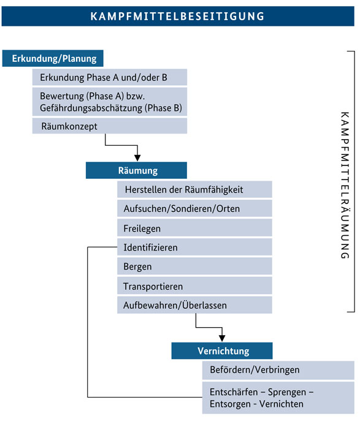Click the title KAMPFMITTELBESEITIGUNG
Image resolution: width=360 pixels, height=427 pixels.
click(x=177, y=17)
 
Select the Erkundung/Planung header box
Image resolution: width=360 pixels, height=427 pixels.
click(x=53, y=58)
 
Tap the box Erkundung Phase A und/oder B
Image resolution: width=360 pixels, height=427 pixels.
click(x=110, y=77)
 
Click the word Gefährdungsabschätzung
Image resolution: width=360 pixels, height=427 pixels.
click(x=91, y=108)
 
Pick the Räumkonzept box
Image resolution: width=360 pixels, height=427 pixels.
click(x=110, y=126)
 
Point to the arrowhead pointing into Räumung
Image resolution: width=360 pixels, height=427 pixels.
click(x=137, y=158)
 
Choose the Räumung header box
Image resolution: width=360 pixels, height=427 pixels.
click(x=136, y=170)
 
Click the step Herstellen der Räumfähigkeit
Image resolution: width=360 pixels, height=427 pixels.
click(x=194, y=189)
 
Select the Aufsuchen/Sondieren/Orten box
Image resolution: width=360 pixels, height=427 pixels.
click(x=194, y=208)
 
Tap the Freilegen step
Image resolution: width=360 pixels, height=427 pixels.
click(x=194, y=228)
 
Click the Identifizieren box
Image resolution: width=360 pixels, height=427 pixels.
click(x=194, y=247)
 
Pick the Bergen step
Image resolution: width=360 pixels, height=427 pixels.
click(x=194, y=266)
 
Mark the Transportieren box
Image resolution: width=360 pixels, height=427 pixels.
click(x=194, y=285)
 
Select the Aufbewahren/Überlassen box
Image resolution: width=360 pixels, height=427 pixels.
click(x=194, y=305)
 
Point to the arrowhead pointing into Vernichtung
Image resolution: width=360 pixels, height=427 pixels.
click(x=222, y=338)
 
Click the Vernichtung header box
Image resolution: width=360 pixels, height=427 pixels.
click(x=222, y=351)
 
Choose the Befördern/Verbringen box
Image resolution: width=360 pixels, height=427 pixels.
click(x=278, y=370)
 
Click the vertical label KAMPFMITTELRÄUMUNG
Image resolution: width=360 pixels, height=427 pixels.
click(x=345, y=185)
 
